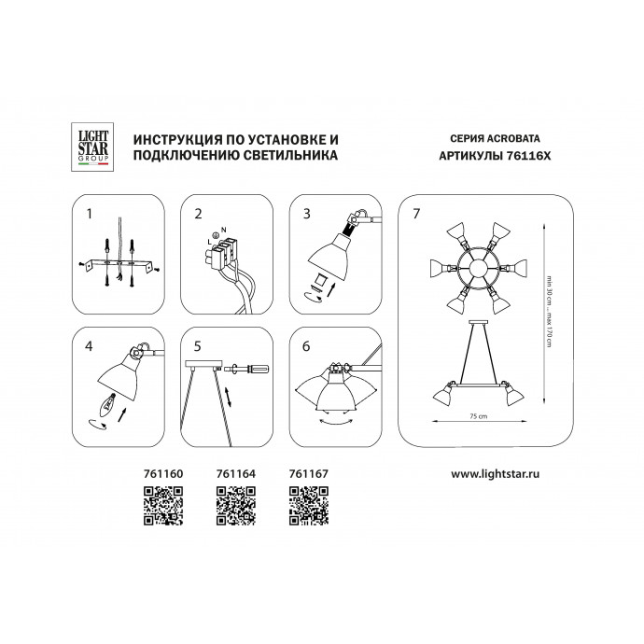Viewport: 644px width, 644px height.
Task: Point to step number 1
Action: tap(89, 214)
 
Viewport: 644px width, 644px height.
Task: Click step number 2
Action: tap(198, 214)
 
